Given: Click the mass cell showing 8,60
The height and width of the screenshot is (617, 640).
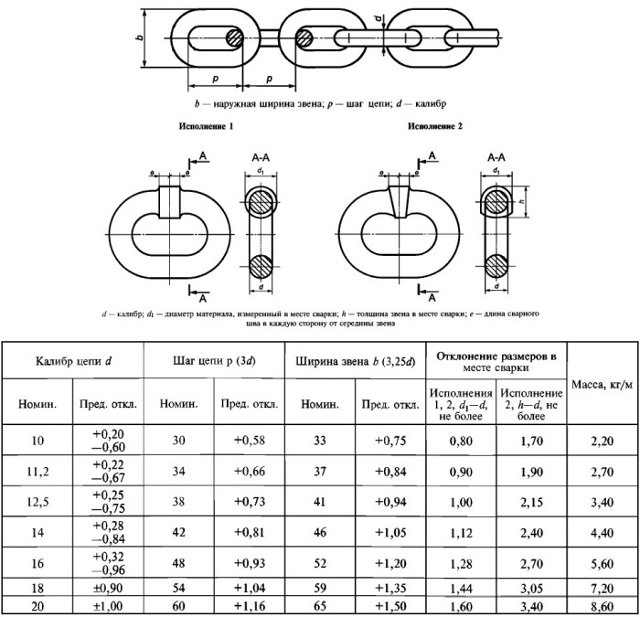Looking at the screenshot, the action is [602, 607].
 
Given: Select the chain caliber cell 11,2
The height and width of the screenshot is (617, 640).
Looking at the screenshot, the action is [37, 472].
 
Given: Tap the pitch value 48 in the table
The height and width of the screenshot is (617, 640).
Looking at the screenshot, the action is [179, 563].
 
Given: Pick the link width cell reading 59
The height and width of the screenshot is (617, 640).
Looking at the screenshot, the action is [320, 588].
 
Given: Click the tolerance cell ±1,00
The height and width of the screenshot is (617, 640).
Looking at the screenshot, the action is [108, 607].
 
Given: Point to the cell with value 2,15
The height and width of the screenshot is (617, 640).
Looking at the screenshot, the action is [531, 503].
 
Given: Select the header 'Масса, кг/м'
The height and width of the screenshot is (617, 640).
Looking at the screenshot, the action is [602, 385].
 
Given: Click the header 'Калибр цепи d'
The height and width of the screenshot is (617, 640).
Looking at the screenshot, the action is [73, 362].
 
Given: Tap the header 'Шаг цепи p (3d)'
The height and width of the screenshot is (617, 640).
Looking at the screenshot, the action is [214, 362].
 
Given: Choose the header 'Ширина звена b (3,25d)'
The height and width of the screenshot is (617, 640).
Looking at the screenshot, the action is [355, 362].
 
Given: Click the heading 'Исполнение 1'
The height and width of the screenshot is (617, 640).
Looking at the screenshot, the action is [206, 126].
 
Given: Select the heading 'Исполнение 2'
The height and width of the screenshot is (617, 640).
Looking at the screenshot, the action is [435, 126].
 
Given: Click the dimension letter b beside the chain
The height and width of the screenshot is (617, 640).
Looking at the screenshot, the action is [140, 37].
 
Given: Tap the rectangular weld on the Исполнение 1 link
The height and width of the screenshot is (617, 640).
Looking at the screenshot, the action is [169, 202].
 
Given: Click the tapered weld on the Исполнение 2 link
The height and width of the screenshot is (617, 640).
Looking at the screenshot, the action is [399, 202].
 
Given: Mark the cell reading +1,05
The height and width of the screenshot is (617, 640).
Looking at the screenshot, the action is [390, 533].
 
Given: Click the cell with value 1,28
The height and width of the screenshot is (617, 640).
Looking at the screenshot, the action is [461, 564].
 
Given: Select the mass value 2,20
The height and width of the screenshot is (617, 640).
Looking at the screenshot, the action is [602, 441].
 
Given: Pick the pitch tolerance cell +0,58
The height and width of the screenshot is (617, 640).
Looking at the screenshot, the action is [250, 441].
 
